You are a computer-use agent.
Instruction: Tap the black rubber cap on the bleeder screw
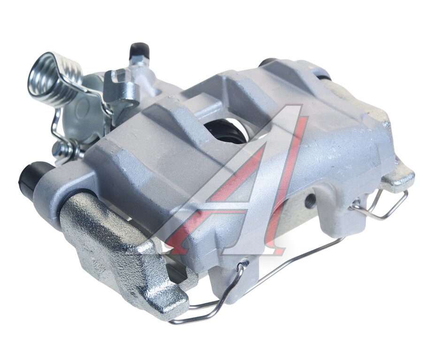140,51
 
